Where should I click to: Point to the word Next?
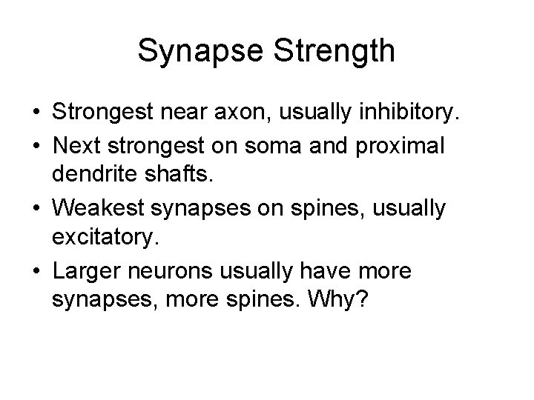coord(79,147)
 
